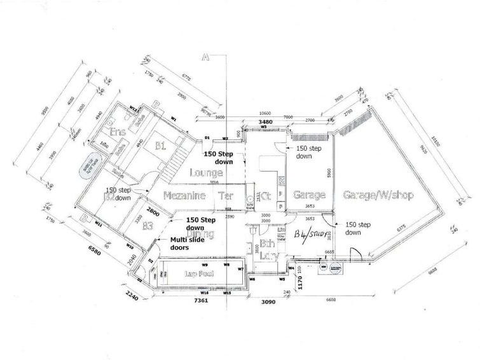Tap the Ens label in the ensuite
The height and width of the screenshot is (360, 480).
pyautogui.click(x=117, y=132)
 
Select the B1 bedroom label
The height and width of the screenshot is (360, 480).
pyautogui.click(x=160, y=146)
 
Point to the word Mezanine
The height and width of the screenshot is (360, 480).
pyautogui.click(x=184, y=197)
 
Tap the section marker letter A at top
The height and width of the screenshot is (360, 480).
pyautogui.click(x=205, y=57)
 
